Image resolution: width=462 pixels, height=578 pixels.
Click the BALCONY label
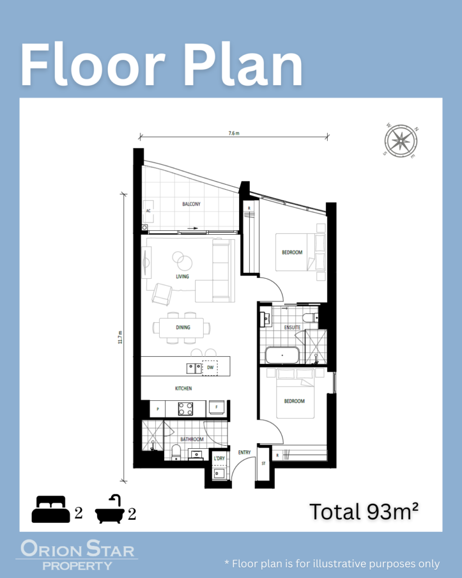point(191,204)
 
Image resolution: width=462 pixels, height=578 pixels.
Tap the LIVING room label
point(182,277)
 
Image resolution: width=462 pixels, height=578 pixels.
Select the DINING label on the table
point(183,327)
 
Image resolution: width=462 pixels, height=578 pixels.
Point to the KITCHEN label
point(183,388)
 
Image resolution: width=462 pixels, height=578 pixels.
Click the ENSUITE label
point(292,327)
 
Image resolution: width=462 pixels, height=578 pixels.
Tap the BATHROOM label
point(192,439)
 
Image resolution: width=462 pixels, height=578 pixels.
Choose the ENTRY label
point(244,452)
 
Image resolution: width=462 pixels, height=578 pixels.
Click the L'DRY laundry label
point(219,458)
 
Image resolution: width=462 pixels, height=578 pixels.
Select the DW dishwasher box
point(210,368)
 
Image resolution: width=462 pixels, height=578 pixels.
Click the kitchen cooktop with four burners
point(186,409)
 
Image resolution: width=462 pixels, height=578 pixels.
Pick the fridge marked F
point(217,408)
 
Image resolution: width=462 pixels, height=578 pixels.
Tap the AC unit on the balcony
point(148,211)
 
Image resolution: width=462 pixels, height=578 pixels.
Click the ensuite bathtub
point(283,356)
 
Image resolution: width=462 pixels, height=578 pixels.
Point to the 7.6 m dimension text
point(234,133)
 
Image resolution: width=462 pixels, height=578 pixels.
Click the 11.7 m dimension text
point(120,338)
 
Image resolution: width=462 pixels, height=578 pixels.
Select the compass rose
point(401,141)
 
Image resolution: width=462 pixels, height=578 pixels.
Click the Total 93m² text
point(364,511)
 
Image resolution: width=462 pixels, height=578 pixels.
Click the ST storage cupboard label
point(263,463)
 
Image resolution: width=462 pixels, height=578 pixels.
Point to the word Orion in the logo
point(51,549)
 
